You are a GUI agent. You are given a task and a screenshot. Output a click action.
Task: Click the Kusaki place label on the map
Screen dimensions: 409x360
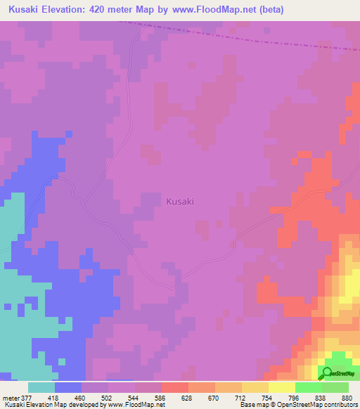(x=180, y=202)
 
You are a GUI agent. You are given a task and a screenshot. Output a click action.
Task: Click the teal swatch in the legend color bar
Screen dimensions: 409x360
(x=41, y=387)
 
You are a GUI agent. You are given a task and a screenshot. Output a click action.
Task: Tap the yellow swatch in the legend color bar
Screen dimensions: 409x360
(x=282, y=387)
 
